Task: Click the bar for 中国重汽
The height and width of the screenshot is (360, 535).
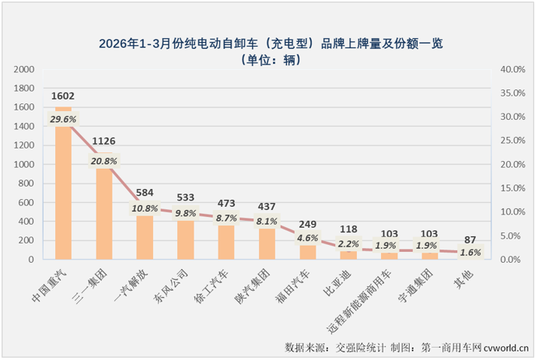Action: (x=63, y=187)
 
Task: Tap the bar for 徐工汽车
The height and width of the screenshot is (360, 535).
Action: (x=226, y=242)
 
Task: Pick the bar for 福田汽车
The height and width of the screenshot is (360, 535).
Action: (x=307, y=252)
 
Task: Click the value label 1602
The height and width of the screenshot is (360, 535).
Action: (x=63, y=96)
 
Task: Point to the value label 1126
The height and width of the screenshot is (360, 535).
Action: (x=103, y=142)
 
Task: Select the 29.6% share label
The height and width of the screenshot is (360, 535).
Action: (x=63, y=119)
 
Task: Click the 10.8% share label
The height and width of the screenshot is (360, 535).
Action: (x=144, y=208)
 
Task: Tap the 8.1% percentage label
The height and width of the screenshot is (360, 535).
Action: (x=267, y=220)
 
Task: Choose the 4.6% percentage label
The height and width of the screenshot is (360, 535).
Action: (x=307, y=237)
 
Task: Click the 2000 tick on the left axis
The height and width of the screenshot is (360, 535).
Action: (x=25, y=69)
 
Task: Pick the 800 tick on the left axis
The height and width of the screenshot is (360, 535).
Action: (x=28, y=183)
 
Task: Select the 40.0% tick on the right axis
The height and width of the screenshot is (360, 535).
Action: (x=513, y=69)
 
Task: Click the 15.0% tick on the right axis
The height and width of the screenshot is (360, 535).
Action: (x=513, y=188)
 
